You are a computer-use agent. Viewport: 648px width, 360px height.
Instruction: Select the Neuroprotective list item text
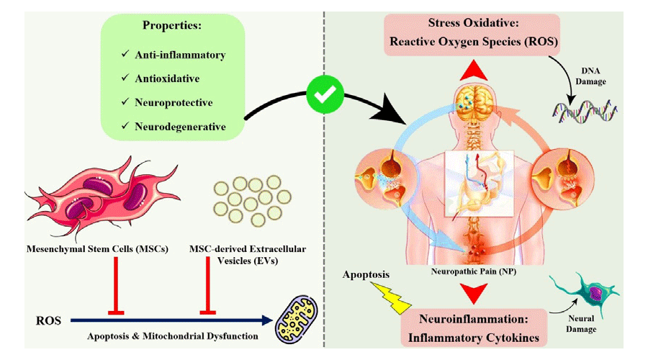point(174,103)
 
